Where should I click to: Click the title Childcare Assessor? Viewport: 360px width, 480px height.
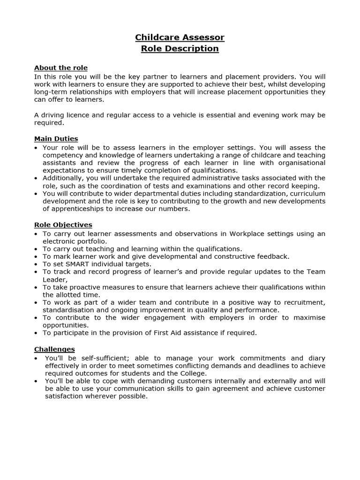coord(180,37)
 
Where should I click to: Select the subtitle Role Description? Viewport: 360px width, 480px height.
coord(180,49)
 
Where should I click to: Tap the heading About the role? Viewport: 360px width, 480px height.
coord(61,68)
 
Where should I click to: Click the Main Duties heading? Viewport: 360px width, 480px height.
coord(56,139)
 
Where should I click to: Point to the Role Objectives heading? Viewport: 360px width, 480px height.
coord(63,225)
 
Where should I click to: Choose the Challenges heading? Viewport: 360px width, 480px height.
coord(54,349)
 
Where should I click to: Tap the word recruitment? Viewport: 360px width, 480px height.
coord(304,302)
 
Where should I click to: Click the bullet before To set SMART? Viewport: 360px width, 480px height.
coord(37,264)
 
